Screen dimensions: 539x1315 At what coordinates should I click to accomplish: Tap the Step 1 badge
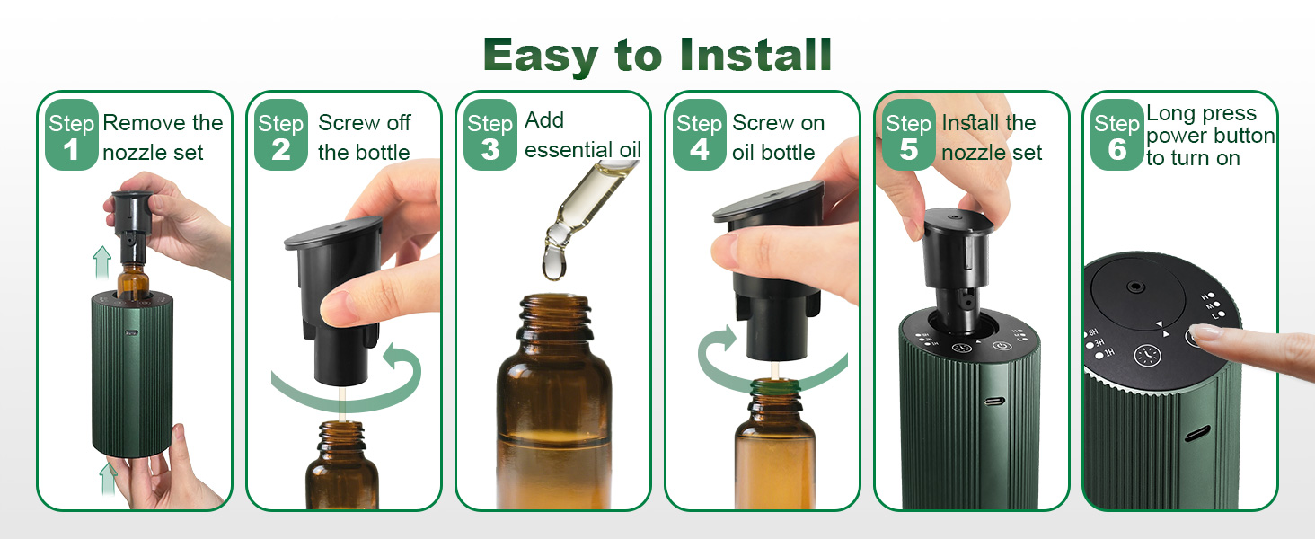pyautogui.click(x=71, y=136)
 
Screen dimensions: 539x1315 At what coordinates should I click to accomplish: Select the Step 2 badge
pyautogui.click(x=280, y=136)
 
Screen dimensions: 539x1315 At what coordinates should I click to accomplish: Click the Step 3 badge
pyautogui.click(x=490, y=136)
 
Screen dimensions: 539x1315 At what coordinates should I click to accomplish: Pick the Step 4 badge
pyautogui.click(x=699, y=136)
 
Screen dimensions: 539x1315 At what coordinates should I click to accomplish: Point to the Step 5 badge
pyautogui.click(x=908, y=136)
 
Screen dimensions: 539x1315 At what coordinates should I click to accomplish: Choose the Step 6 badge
pyautogui.click(x=1116, y=136)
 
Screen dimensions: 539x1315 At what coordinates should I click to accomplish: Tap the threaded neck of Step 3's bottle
pyautogui.click(x=554, y=319)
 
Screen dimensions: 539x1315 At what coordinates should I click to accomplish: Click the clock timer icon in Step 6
pyautogui.click(x=1147, y=356)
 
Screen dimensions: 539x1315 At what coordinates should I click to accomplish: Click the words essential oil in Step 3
pyautogui.click(x=582, y=149)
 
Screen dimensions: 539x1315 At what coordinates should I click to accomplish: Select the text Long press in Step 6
pyautogui.click(x=1200, y=114)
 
